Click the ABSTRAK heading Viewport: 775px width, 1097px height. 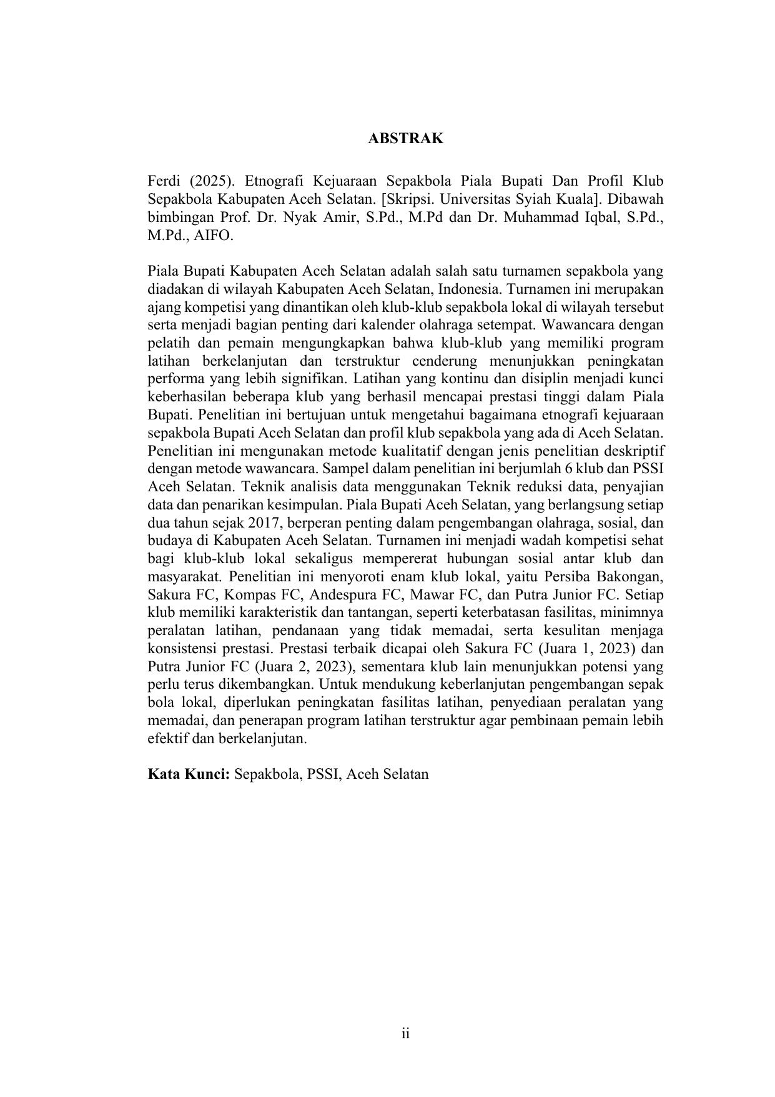point(405,139)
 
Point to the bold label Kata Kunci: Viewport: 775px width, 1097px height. point(189,774)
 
